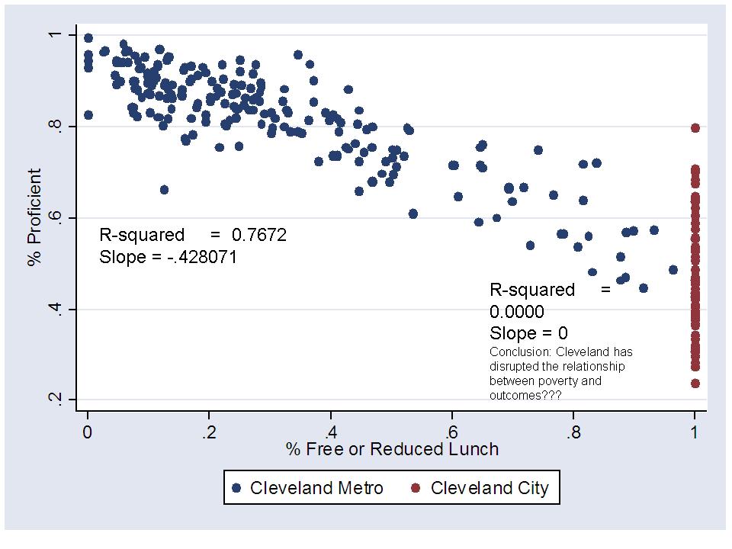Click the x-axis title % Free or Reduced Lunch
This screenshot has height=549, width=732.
click(392, 449)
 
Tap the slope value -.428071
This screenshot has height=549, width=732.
click(202, 258)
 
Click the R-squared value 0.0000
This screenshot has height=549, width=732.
click(517, 312)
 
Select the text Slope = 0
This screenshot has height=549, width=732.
click(528, 333)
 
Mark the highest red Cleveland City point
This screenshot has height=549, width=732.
click(695, 128)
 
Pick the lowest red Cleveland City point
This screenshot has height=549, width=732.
click(695, 384)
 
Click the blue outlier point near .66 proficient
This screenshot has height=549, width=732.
click(164, 190)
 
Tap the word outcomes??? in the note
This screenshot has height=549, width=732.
click(522, 395)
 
